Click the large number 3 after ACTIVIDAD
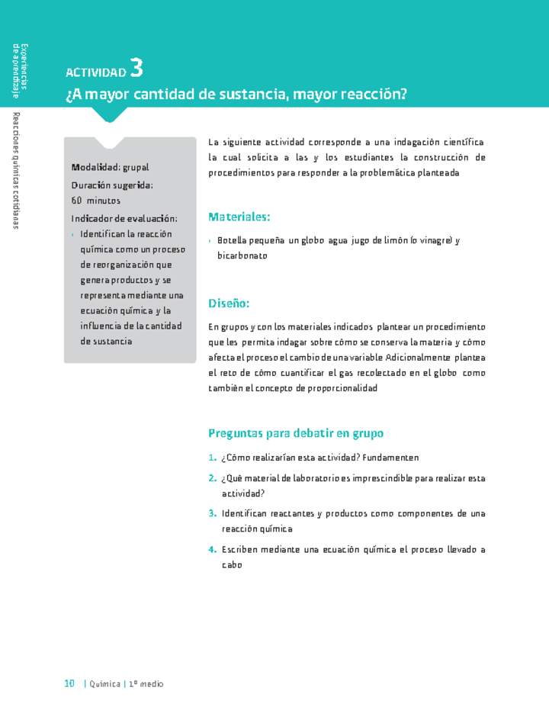point(136,68)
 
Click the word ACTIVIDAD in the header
point(95,72)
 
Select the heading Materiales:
point(239,217)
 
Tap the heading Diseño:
point(229,304)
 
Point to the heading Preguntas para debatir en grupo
point(296,433)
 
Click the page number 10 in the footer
point(69,683)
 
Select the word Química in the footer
point(106,684)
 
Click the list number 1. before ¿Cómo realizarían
point(212,458)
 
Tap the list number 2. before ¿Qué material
point(212,478)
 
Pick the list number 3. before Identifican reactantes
point(212,513)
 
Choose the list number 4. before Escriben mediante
point(212,549)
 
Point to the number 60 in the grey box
point(77,201)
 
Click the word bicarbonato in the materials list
point(242,256)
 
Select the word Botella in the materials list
point(232,240)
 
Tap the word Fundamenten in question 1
point(390,458)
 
